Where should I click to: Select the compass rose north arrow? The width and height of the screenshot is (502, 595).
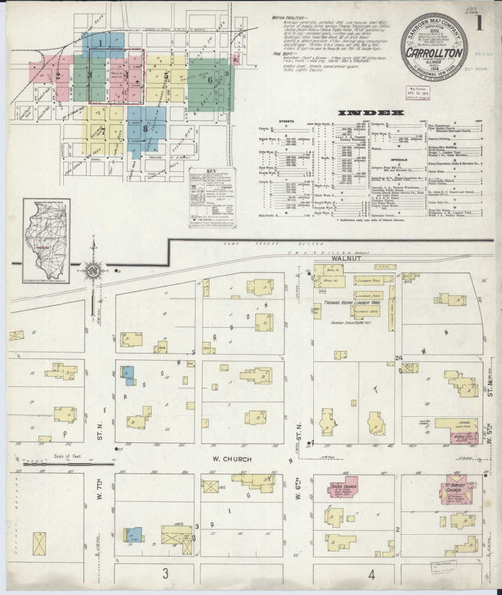[x=93, y=271]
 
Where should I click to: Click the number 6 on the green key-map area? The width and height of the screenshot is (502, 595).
[x=210, y=74]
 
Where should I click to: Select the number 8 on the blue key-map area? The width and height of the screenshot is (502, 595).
[x=145, y=127]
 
